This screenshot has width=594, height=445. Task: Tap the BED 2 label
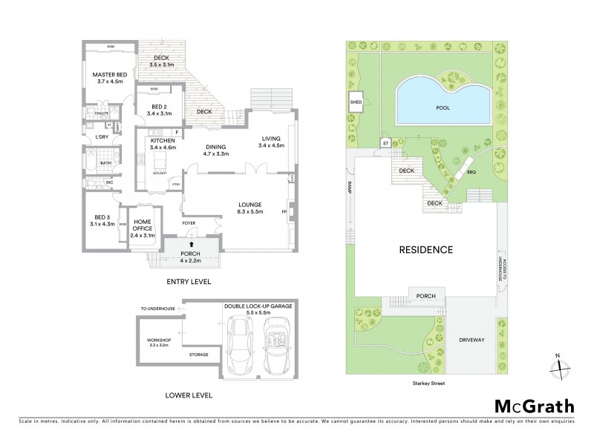tap(160, 111)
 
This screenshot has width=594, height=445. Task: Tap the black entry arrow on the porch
tap(192, 243)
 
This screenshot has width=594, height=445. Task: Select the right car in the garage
tap(275, 346)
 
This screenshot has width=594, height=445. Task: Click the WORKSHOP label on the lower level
tap(159, 343)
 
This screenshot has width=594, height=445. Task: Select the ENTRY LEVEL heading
tap(190, 282)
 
